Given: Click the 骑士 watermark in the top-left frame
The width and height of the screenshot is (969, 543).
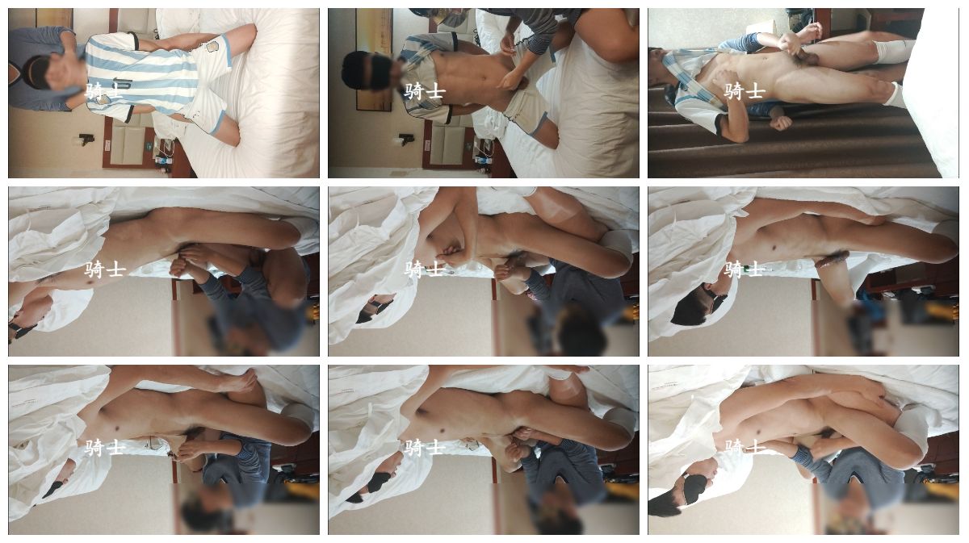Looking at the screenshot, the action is (x=104, y=92).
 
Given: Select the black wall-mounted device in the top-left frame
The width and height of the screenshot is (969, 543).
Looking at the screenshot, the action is (x=87, y=140).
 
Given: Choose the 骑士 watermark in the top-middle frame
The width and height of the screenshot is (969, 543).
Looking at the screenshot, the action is (x=425, y=92).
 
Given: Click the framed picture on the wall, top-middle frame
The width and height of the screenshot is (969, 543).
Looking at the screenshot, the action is (x=375, y=58).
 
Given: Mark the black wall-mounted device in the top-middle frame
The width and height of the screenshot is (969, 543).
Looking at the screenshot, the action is (x=407, y=140).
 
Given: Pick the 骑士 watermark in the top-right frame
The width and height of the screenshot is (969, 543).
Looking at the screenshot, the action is (x=745, y=92).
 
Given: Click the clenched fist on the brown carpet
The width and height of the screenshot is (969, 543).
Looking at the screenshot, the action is (x=782, y=123).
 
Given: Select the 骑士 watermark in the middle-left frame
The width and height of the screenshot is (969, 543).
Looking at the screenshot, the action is (x=104, y=269).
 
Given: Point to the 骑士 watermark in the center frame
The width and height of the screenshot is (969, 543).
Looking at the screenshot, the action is (x=425, y=269).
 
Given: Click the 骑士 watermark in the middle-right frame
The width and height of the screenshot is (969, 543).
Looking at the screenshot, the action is (x=745, y=269).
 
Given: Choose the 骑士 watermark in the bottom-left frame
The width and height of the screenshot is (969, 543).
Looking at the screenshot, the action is (x=104, y=448).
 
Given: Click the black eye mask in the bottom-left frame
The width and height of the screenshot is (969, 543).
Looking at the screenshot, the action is (x=53, y=489).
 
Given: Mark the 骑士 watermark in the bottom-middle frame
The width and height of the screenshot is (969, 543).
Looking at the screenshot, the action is (x=425, y=448).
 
